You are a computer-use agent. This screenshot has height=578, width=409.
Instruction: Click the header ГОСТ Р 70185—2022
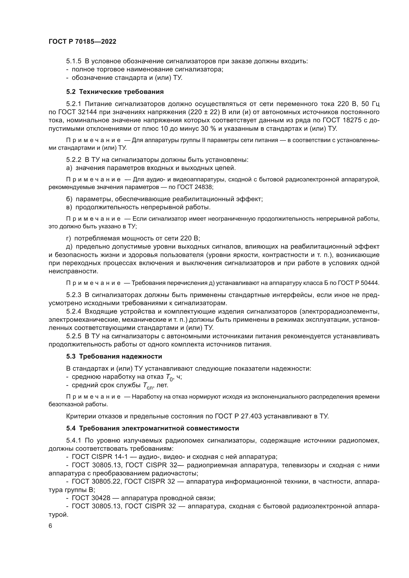pos(82,42)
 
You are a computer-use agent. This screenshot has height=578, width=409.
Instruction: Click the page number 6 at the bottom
pos(50,526)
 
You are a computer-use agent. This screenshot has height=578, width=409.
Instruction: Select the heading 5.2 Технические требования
pos(115,92)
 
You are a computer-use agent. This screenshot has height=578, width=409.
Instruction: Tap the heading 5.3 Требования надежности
pos(114,357)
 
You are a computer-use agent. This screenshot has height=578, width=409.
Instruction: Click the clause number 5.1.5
pos(74,61)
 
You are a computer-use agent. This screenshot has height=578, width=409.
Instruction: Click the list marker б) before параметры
pos(69,199)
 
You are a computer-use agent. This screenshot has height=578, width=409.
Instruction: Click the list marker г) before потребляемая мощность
pos(69,238)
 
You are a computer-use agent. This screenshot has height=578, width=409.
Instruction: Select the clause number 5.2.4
pos(74,312)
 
